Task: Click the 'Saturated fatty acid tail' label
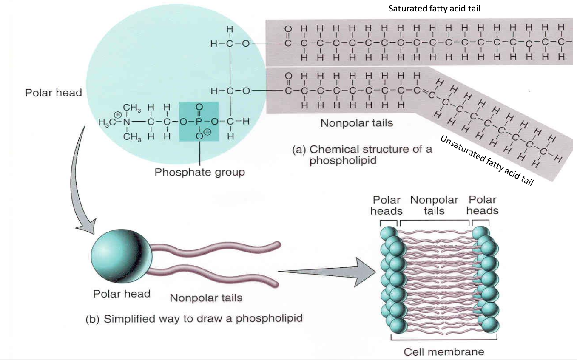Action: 435,9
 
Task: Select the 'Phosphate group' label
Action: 199,173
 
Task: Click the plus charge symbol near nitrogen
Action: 119,113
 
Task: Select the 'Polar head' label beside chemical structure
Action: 54,93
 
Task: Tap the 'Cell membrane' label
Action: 443,351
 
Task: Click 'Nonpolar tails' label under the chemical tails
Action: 356,124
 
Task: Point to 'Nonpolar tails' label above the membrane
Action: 434,205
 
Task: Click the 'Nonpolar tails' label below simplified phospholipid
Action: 206,298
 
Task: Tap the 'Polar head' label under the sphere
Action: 122,294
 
